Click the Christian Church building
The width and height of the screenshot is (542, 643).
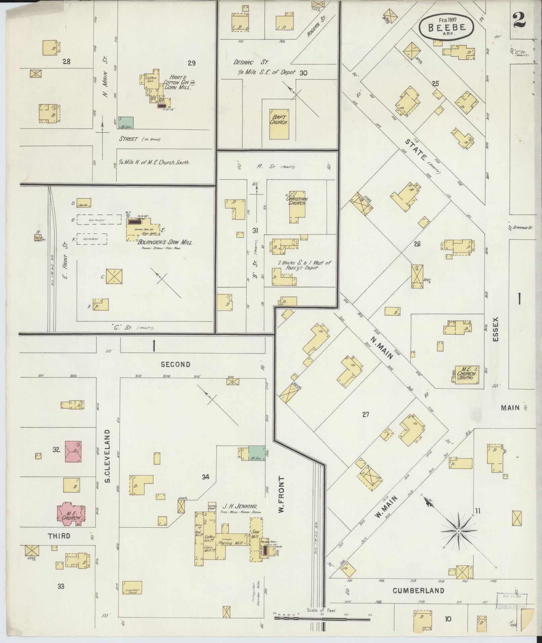coord(297,207)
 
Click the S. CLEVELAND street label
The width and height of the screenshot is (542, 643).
coord(108,455)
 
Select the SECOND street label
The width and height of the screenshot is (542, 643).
coord(175,364)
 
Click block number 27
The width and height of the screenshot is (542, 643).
coord(365,414)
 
